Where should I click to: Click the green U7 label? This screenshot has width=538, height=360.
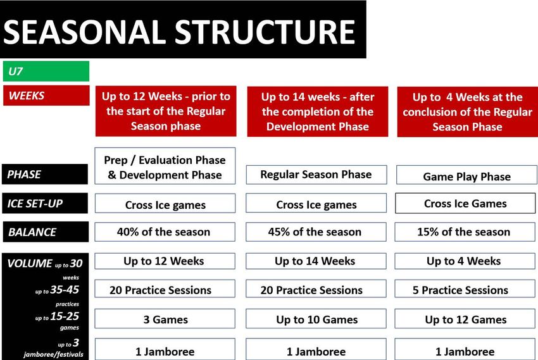(46, 71)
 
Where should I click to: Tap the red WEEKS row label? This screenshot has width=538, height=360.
(46, 96)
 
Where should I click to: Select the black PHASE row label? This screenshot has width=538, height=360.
(45, 174)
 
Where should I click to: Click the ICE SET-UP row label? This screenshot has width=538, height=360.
(45, 203)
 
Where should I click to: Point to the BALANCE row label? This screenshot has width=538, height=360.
(46, 232)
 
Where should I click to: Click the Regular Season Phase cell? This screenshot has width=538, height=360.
(316, 175)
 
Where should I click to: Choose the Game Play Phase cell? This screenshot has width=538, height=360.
(466, 175)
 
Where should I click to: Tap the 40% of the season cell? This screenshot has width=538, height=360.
(165, 232)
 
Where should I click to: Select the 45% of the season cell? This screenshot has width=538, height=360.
(316, 232)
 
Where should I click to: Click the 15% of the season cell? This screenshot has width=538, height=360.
(465, 232)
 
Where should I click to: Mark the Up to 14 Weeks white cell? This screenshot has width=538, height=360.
(316, 261)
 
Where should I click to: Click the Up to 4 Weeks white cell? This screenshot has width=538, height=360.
(465, 261)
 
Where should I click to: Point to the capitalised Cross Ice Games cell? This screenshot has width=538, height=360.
(465, 203)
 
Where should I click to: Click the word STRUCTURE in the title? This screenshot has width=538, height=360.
(265, 32)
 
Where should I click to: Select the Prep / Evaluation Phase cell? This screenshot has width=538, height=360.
(165, 166)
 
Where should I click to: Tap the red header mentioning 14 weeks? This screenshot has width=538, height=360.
(317, 111)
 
